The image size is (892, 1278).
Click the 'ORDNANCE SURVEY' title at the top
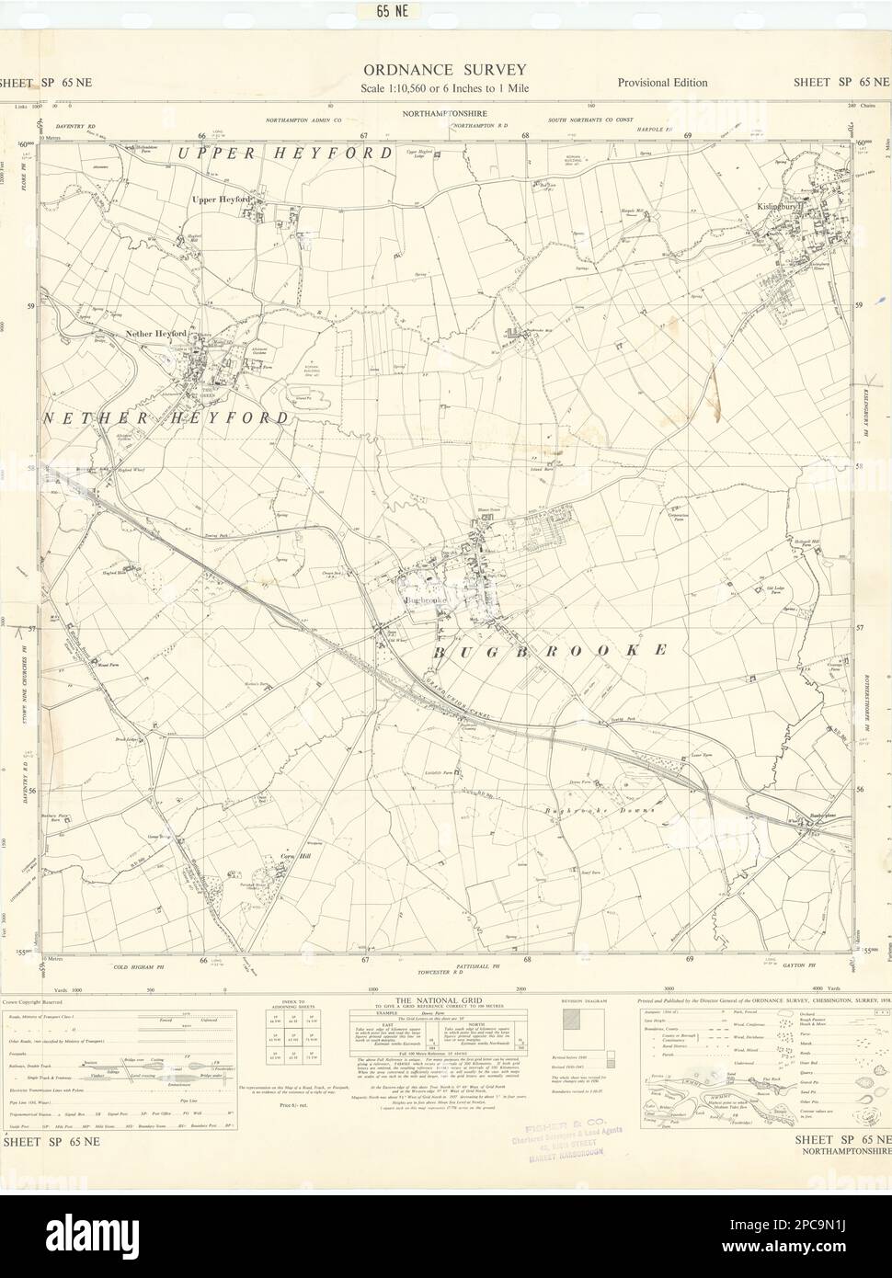pos(445,69)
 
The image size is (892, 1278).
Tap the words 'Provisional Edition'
pos(662,83)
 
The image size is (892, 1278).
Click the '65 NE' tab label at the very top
pos(445,12)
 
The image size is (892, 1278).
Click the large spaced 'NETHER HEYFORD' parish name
pos(166,417)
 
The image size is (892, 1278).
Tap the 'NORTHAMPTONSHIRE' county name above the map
pos(446,113)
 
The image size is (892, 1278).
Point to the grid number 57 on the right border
pos(860,629)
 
